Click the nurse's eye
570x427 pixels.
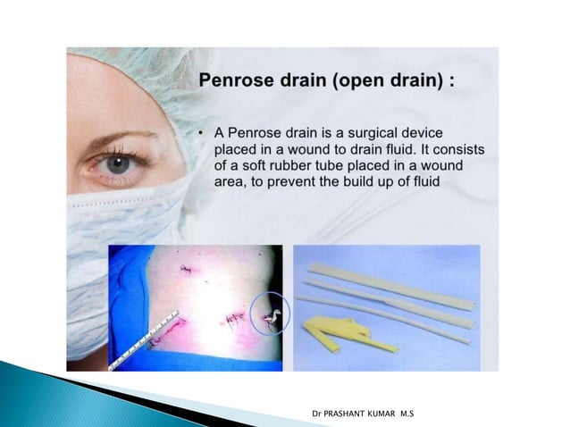click(117, 163)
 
